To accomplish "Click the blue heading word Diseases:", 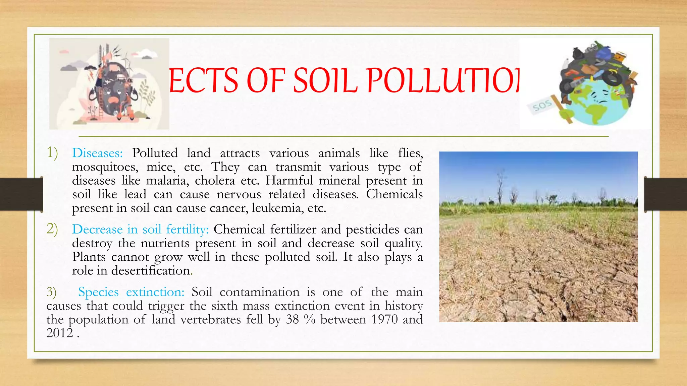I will [97, 153].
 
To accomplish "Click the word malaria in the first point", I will [167, 181].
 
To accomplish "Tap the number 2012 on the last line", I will [60, 333].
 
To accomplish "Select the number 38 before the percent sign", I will [292, 319].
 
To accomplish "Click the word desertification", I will [151, 270].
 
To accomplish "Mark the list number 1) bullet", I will [52, 152].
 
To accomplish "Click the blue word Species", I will [98, 292].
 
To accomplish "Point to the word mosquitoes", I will [105, 167].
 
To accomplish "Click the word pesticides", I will [372, 230].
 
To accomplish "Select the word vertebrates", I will [210, 319].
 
